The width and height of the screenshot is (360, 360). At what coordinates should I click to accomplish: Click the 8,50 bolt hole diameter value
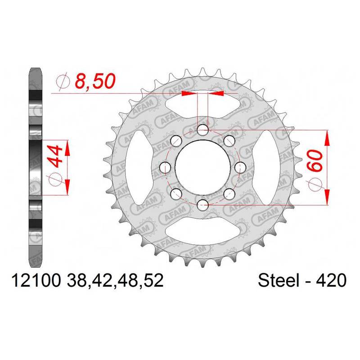(95, 81)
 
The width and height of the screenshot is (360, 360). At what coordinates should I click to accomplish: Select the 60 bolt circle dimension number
(315, 160)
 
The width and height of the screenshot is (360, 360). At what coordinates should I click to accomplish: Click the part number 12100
(36, 280)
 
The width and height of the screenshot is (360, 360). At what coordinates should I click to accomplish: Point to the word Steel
(279, 280)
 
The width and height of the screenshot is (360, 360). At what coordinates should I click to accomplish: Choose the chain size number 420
(331, 280)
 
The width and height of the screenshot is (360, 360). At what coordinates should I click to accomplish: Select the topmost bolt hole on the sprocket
(203, 130)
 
